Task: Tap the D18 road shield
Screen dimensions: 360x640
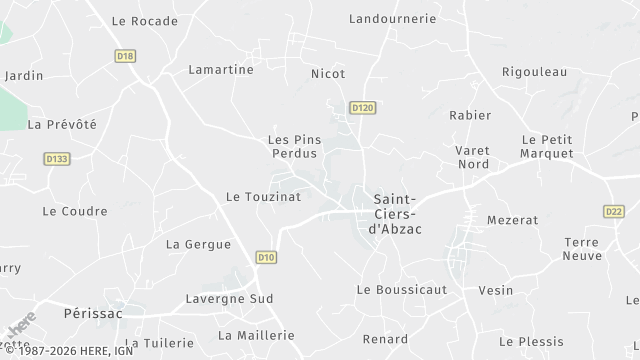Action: pyautogui.click(x=125, y=56)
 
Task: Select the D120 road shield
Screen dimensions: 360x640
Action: pyautogui.click(x=361, y=106)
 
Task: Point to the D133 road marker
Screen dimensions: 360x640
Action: pyautogui.click(x=57, y=158)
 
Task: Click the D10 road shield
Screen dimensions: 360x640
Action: pyautogui.click(x=265, y=257)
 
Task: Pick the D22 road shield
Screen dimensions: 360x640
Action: pyautogui.click(x=614, y=211)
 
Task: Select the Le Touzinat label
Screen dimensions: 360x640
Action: pyautogui.click(x=263, y=197)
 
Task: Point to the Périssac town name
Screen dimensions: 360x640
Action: pyautogui.click(x=92, y=313)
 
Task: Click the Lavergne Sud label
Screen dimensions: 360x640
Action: pyautogui.click(x=229, y=298)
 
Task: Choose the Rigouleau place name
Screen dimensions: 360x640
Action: pyautogui.click(x=534, y=71)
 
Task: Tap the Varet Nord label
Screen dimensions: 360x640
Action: pyautogui.click(x=472, y=157)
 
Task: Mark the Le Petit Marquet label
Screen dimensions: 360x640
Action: pyautogui.click(x=547, y=146)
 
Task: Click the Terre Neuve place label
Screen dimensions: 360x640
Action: pyautogui.click(x=581, y=248)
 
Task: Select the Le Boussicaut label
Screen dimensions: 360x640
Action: pyautogui.click(x=401, y=289)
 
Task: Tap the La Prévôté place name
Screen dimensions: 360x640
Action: pyautogui.click(x=62, y=124)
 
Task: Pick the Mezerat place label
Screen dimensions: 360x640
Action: pyautogui.click(x=512, y=219)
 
